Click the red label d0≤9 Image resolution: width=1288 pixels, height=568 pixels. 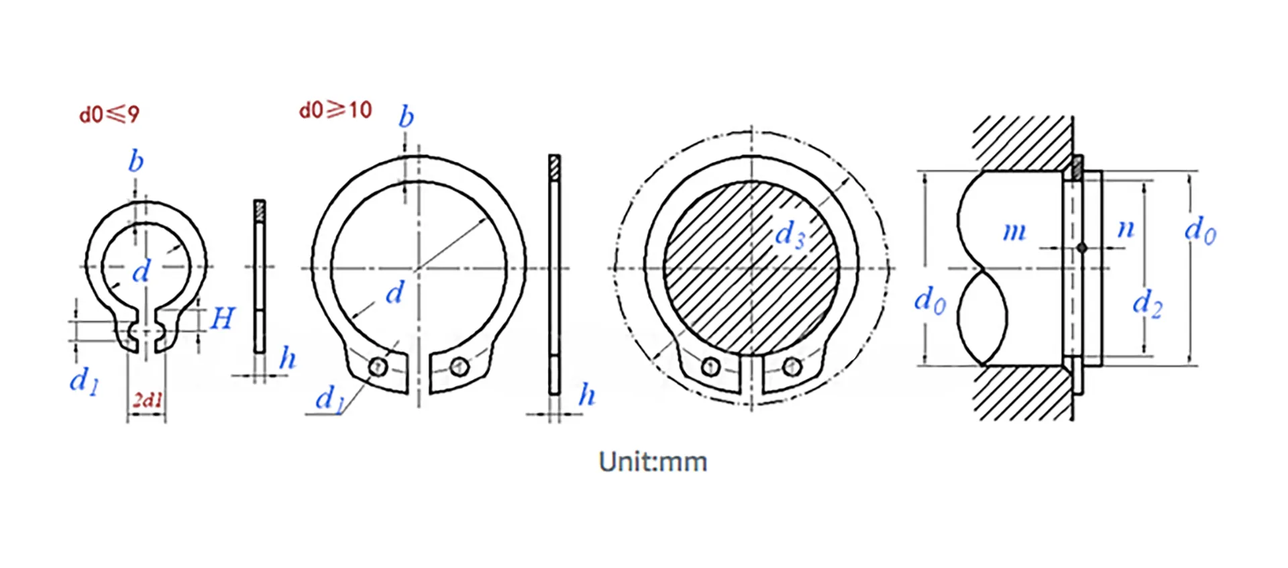click(x=109, y=115)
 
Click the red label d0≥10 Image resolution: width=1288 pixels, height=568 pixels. click(x=335, y=110)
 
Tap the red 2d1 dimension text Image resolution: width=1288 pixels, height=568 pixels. click(x=148, y=401)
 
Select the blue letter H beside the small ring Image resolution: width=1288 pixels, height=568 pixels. click(x=222, y=318)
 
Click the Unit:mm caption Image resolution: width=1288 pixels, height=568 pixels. click(x=652, y=462)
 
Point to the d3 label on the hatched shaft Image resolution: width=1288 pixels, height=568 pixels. click(x=790, y=235)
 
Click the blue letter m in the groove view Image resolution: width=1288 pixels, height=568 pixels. click(x=1014, y=232)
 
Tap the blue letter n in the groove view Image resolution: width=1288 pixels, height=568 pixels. click(x=1125, y=229)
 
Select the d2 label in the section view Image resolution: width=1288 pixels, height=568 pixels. click(x=1146, y=303)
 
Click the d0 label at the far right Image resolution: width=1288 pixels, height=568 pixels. click(x=1199, y=231)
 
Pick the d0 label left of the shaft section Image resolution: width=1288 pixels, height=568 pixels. click(x=930, y=299)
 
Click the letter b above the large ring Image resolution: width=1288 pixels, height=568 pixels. click(x=406, y=117)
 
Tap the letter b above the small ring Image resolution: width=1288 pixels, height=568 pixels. click(x=136, y=162)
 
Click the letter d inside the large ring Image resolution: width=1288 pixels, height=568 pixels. click(x=395, y=293)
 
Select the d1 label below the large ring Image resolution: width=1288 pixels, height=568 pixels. click(x=329, y=399)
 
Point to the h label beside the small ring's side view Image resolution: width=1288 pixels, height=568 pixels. click(x=287, y=359)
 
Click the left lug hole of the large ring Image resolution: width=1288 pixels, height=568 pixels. click(x=378, y=367)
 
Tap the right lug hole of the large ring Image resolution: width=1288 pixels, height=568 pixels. click(x=460, y=367)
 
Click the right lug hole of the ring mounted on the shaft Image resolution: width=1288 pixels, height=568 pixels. click(x=792, y=367)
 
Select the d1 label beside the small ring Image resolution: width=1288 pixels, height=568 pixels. click(x=84, y=381)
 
